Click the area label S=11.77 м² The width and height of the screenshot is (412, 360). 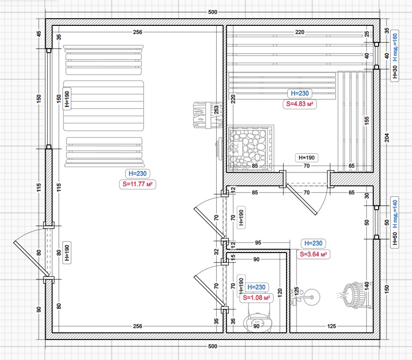point(137,184)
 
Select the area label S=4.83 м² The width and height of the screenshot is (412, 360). point(300,104)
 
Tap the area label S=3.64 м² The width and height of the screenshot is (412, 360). point(314,254)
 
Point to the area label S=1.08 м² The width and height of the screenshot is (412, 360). point(256,297)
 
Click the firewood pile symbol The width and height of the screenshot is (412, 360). point(208,115)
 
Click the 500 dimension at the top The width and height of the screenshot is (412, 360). point(212,12)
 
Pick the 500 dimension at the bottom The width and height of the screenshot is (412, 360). point(212,346)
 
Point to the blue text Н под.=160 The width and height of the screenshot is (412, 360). point(395,47)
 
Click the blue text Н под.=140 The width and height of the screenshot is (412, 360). point(395,214)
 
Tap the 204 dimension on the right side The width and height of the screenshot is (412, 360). point(387,138)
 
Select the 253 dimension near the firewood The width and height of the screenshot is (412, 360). point(216,110)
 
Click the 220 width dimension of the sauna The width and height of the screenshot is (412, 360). point(299,32)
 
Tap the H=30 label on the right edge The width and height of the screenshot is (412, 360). point(395,72)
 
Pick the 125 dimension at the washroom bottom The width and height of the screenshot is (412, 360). point(332,326)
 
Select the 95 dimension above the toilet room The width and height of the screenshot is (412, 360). point(258,243)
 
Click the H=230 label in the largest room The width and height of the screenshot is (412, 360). point(137,173)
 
